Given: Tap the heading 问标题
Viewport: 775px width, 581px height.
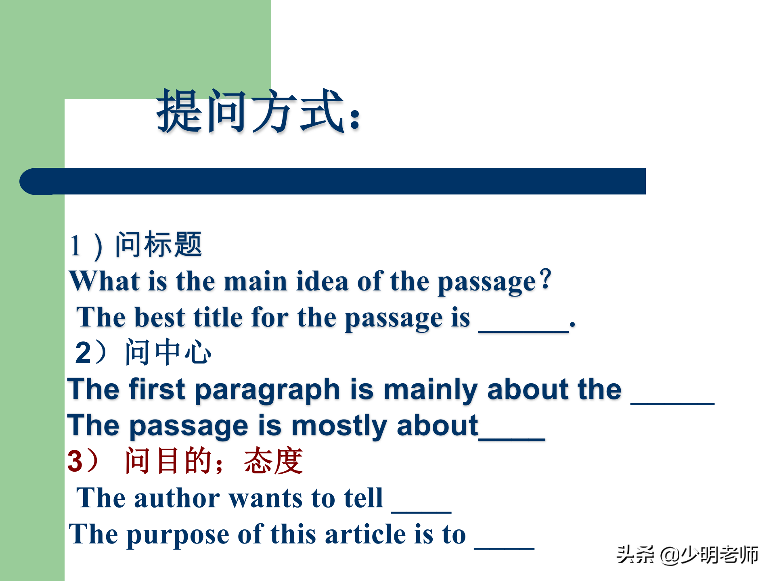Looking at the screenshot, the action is click(158, 245).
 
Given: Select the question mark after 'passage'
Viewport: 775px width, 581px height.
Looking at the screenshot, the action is click(546, 279).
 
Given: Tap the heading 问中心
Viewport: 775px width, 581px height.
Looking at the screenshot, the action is click(168, 352).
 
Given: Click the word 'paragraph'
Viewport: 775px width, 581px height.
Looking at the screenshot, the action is click(268, 391).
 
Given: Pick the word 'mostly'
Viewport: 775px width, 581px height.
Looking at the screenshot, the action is click(339, 426).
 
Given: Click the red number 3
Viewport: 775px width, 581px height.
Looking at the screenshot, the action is click(75, 461).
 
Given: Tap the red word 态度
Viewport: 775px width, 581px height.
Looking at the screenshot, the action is click(273, 461).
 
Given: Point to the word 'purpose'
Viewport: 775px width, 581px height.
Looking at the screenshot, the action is click(178, 535).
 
